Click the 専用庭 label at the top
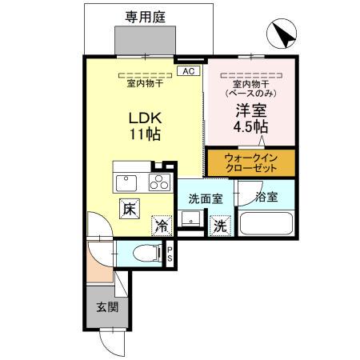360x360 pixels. coord(145,15)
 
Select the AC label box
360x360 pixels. coord(189,72)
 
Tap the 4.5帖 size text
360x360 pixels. coord(250,128)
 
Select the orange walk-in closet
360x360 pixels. coord(250,163)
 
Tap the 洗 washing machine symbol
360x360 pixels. coord(218,226)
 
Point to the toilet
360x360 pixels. coord(145,254)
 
